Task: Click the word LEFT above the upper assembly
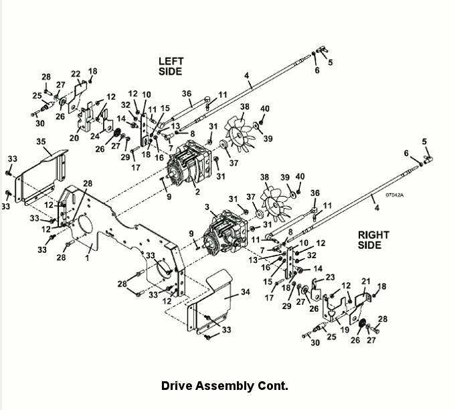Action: tap(171, 62)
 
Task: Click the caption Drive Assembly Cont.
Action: tap(224, 386)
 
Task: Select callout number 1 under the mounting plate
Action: tap(87, 256)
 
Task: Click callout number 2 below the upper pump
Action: tap(197, 192)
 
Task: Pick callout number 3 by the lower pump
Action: tap(207, 208)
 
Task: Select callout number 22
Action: tap(76, 74)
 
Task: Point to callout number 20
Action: tap(74, 138)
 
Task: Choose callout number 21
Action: tap(365, 281)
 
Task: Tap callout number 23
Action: tap(330, 277)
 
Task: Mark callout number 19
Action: tap(346, 329)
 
